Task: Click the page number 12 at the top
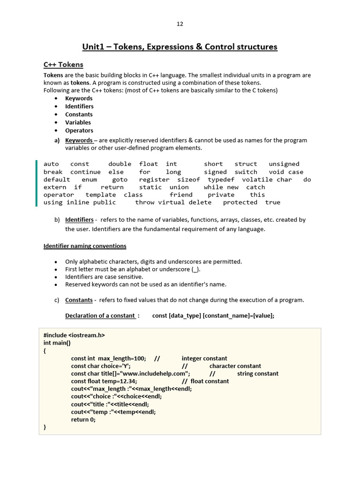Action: point(180,24)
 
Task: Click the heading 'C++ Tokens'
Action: point(63,65)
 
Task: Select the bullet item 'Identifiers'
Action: point(79,106)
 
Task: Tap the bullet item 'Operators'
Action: point(79,130)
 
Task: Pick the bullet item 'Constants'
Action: point(79,114)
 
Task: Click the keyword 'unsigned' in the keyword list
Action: point(284,164)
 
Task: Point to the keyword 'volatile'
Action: point(257,180)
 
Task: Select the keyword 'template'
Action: point(100,195)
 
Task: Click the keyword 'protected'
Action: point(240,202)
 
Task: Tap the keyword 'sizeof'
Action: point(188,180)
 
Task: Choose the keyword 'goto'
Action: point(120,180)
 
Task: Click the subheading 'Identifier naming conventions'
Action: point(85,246)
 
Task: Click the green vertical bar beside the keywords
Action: point(36,183)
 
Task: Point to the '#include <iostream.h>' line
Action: point(74,335)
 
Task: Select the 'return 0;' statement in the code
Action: point(83,420)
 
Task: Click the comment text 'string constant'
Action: point(257,374)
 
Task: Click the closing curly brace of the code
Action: point(45,427)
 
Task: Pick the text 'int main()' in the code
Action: point(57,343)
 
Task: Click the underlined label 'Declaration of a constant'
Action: point(100,315)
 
